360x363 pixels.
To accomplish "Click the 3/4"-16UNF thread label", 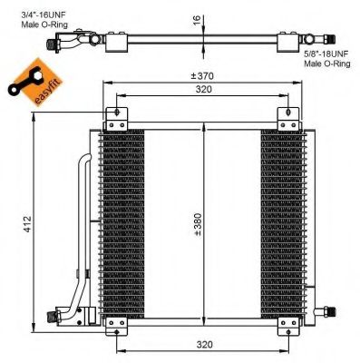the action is coord(44,15).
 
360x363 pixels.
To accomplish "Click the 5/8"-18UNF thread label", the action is coord(326,54).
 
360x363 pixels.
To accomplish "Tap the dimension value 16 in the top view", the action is coord(196,20).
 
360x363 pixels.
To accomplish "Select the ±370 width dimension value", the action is coord(202,75).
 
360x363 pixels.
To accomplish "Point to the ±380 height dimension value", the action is coord(198,224).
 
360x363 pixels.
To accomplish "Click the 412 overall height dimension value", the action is coord(28,224).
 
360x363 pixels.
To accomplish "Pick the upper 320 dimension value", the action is coord(204,89).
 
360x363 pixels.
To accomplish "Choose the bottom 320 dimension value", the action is coord(204,344).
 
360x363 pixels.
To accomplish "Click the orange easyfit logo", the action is coord(35,83).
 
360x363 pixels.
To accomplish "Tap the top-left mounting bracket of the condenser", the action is coord(116,119).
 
